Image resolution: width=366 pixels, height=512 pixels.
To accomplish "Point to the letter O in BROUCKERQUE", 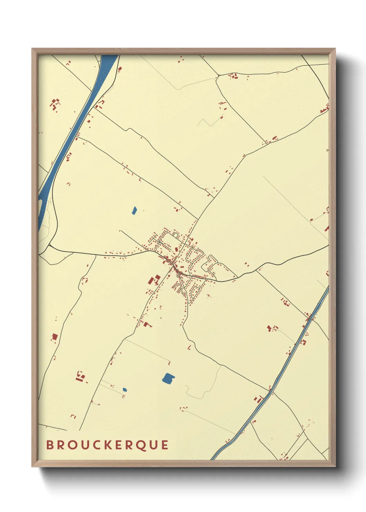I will pos(71,445).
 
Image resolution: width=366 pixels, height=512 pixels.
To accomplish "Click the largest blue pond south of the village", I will pos(168,378).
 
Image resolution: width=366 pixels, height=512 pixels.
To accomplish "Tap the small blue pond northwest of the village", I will pos(134,210).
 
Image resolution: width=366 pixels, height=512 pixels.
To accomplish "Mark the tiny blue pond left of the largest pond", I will pos(125,390).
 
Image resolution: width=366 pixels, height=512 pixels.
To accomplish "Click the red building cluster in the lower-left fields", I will pos(81,377).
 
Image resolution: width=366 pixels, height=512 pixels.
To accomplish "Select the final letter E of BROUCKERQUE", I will pos(165,445).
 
